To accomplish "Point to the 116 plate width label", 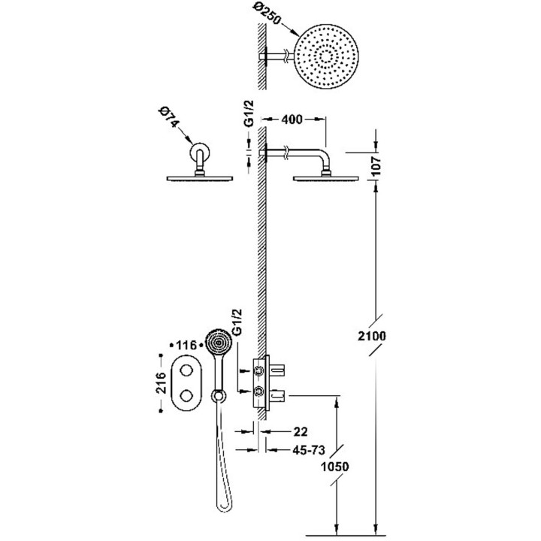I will click(x=185, y=345).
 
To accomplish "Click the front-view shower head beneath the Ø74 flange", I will click(x=199, y=178).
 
